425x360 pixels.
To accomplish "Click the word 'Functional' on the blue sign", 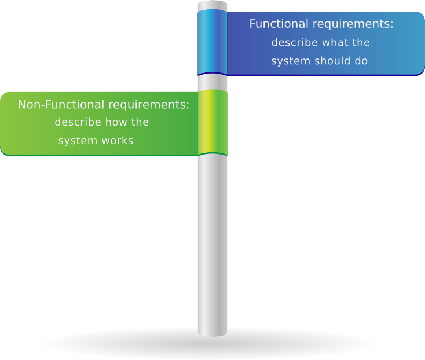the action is pos(277,24).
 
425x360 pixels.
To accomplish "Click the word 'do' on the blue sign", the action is pos(361,61).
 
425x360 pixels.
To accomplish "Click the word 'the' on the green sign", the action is pos(140,122).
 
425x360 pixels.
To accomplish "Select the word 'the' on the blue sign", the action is pos(361,43).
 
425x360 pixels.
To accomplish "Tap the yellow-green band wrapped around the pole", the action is pos(212,122).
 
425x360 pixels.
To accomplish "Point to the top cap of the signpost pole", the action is pos(212,5).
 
